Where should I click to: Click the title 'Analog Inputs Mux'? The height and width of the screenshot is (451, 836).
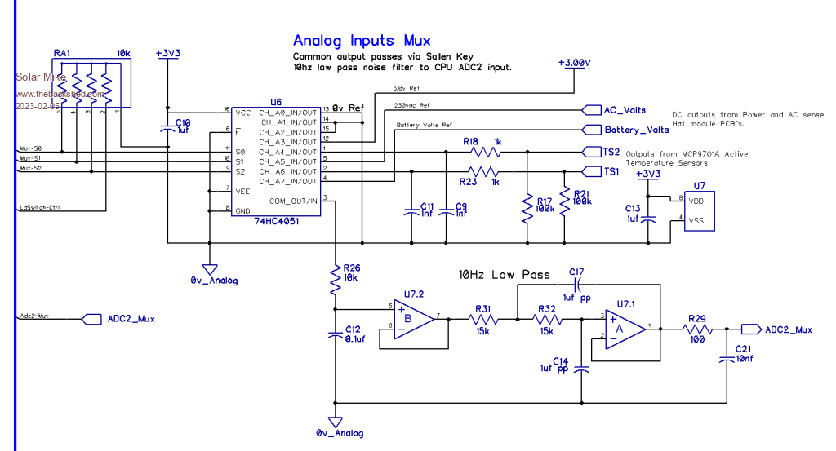click(362, 40)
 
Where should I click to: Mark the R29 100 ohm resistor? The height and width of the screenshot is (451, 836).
click(698, 329)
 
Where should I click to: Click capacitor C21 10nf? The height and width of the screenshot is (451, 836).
click(726, 358)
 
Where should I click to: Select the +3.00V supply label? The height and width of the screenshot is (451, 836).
click(574, 63)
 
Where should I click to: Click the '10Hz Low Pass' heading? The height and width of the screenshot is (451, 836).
click(504, 274)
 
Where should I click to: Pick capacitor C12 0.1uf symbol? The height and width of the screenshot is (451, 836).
click(335, 334)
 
